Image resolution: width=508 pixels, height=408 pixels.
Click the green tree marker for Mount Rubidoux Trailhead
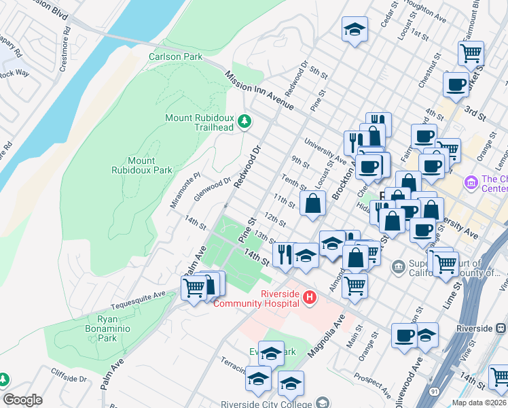244,122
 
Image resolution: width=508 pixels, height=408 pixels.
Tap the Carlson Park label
176,57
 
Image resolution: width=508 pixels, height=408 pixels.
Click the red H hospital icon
310,298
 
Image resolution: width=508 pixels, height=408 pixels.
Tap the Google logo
23,400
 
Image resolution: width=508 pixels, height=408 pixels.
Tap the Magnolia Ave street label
323,338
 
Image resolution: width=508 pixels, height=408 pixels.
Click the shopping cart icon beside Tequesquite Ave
194,288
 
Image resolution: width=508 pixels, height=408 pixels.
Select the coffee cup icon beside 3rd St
456,85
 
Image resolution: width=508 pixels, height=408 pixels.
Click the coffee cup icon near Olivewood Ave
405,335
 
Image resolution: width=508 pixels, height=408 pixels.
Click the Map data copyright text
479,403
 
